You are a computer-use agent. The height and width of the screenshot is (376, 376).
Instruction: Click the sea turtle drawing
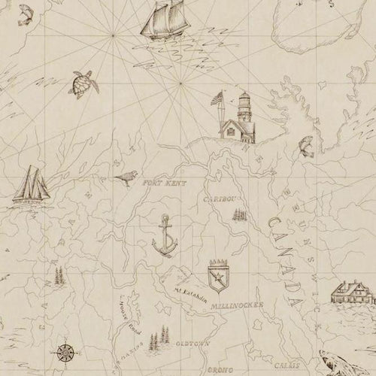pos(80,83)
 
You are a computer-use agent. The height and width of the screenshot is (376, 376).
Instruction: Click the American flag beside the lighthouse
pos(218,101)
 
